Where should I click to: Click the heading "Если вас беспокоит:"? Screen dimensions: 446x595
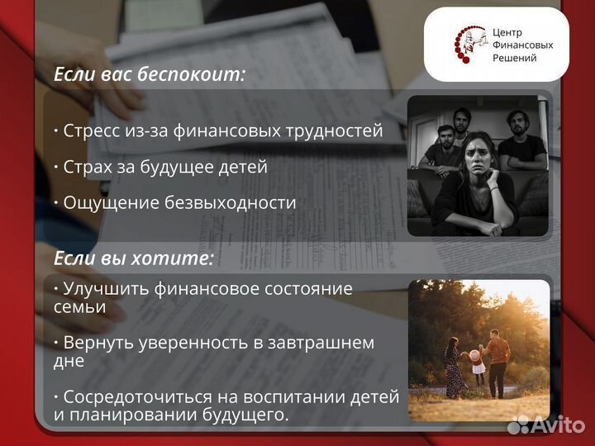point(150,74)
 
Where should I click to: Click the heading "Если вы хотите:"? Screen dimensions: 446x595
point(134,259)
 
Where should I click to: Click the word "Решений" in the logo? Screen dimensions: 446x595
point(514,58)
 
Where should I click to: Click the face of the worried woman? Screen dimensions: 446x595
point(480,154)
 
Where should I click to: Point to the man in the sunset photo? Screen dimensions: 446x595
point(498,355)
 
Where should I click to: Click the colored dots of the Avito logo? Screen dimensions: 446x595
point(518,425)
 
